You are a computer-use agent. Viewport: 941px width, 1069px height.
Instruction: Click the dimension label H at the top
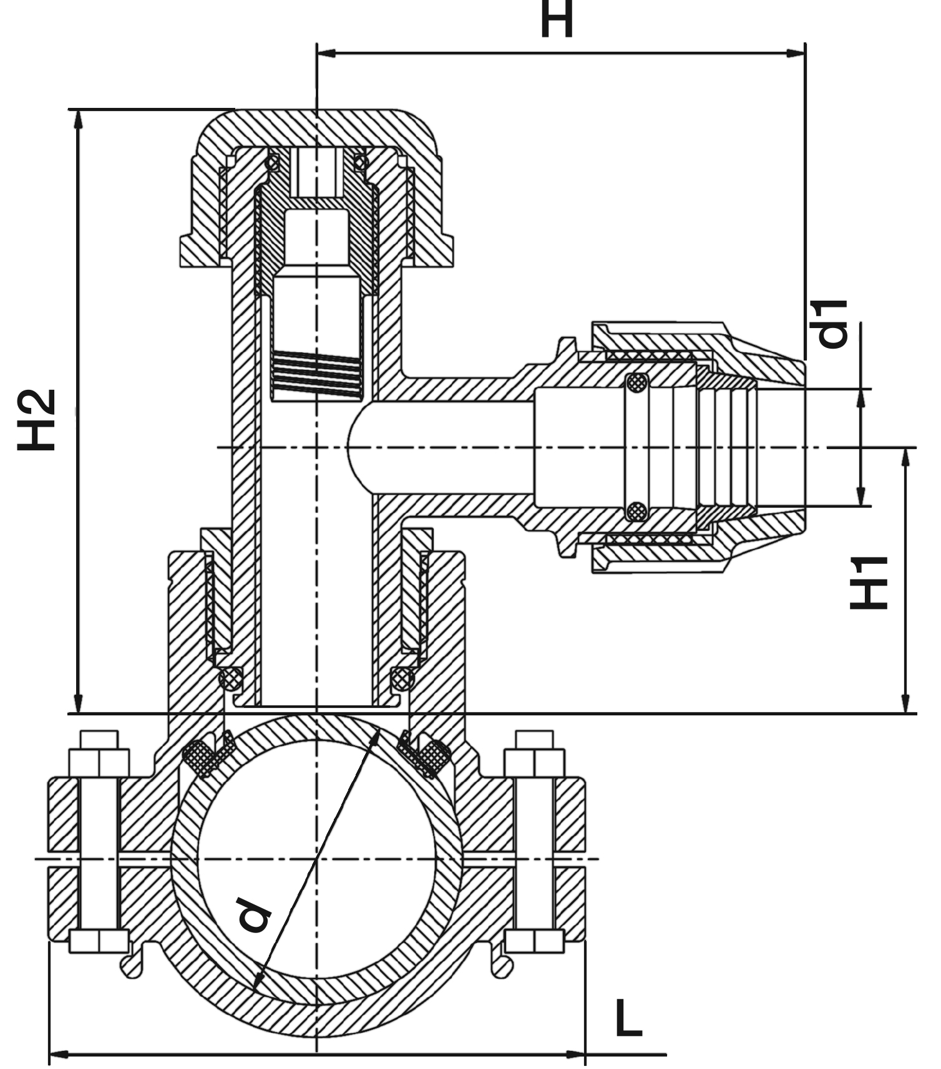[556, 19]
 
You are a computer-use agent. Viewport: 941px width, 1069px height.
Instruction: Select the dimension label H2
[37, 419]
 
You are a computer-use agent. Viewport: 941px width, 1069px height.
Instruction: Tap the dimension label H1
[869, 583]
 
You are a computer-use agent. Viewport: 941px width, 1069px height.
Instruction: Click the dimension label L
[628, 1018]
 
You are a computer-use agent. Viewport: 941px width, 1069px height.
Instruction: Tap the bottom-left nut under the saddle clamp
[99, 941]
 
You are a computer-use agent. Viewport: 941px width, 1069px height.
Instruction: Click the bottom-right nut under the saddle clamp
[534, 941]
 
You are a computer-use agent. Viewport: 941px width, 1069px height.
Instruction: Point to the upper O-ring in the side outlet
[636, 383]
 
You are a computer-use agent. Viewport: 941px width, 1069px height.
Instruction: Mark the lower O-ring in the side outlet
[636, 511]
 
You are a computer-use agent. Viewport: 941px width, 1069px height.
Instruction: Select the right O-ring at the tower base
[402, 678]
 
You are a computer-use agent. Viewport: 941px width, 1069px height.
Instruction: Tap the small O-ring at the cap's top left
[272, 163]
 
